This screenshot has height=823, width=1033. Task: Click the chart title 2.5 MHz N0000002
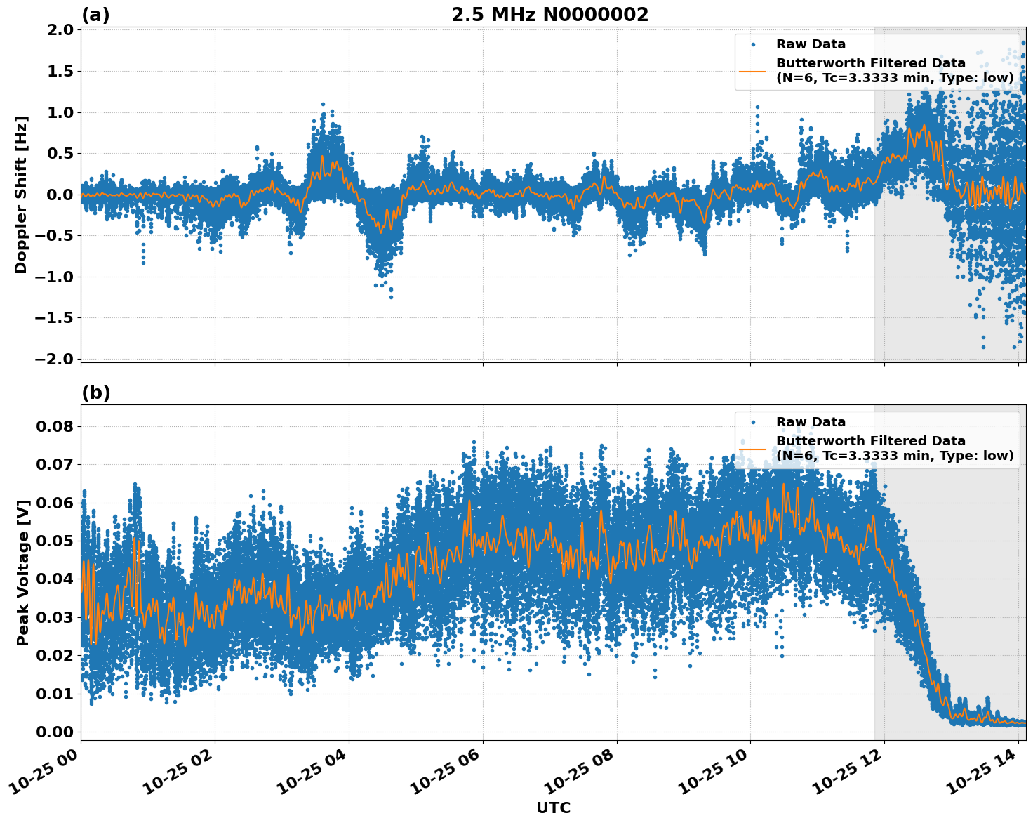coord(549,15)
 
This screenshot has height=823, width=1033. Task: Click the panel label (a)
coord(95,15)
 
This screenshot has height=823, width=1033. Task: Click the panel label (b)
coord(96,393)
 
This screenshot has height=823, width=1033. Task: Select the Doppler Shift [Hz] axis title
coord(21,195)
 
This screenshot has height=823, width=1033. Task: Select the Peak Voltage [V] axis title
coord(23,572)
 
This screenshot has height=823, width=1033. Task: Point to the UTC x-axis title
coord(553,808)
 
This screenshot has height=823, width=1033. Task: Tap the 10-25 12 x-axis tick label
coord(847,770)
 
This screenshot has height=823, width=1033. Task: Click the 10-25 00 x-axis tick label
coord(44,770)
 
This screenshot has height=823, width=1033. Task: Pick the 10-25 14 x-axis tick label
coord(981,770)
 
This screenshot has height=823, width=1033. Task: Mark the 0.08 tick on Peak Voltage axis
coord(58,426)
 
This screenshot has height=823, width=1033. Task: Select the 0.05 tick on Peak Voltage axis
coord(58,541)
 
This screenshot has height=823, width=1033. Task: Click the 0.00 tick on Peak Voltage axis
coord(58,732)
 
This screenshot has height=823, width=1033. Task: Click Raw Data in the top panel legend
coord(811,44)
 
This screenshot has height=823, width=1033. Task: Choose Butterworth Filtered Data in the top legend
coord(870,63)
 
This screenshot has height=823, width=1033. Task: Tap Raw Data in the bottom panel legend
coord(811,422)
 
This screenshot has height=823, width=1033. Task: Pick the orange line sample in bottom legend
coord(753,448)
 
